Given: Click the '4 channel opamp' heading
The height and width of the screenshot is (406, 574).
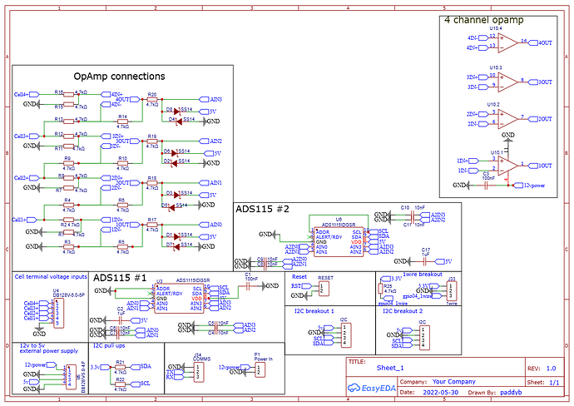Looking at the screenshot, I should (488, 20).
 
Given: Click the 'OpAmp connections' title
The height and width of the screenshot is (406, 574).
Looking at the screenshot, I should (119, 77).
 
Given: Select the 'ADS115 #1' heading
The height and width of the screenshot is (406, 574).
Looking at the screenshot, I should (120, 277).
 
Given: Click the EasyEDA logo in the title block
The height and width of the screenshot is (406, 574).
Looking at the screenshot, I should (371, 388).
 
